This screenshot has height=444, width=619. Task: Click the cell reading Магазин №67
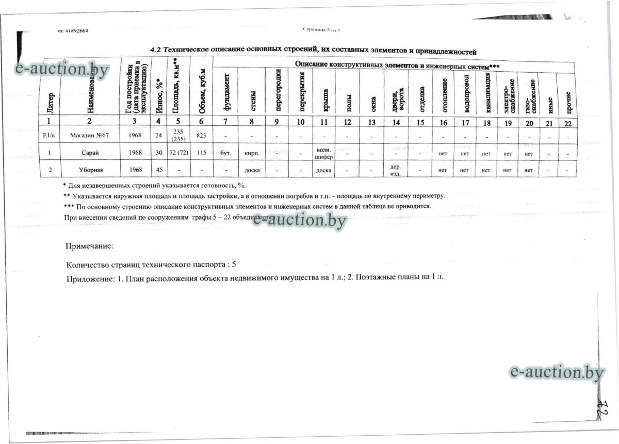[89, 135]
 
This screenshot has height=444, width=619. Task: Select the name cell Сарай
[90, 152]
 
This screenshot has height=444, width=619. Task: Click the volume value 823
[201, 135]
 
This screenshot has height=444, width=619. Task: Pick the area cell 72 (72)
[178, 152]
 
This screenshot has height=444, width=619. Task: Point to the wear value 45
[159, 169]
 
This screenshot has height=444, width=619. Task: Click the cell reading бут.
[225, 153]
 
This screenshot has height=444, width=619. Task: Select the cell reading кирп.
[252, 153]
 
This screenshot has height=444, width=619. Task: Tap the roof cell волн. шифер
[323, 153]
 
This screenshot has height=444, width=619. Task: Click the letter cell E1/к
[50, 135]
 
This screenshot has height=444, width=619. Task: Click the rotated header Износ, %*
[159, 95]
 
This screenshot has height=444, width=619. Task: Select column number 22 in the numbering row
[568, 123]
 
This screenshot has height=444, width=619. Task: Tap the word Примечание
[89, 246]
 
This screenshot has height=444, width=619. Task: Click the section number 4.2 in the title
[155, 50]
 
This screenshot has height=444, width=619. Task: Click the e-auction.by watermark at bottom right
[556, 372]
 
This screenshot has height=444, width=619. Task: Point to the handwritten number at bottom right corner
[601, 409]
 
